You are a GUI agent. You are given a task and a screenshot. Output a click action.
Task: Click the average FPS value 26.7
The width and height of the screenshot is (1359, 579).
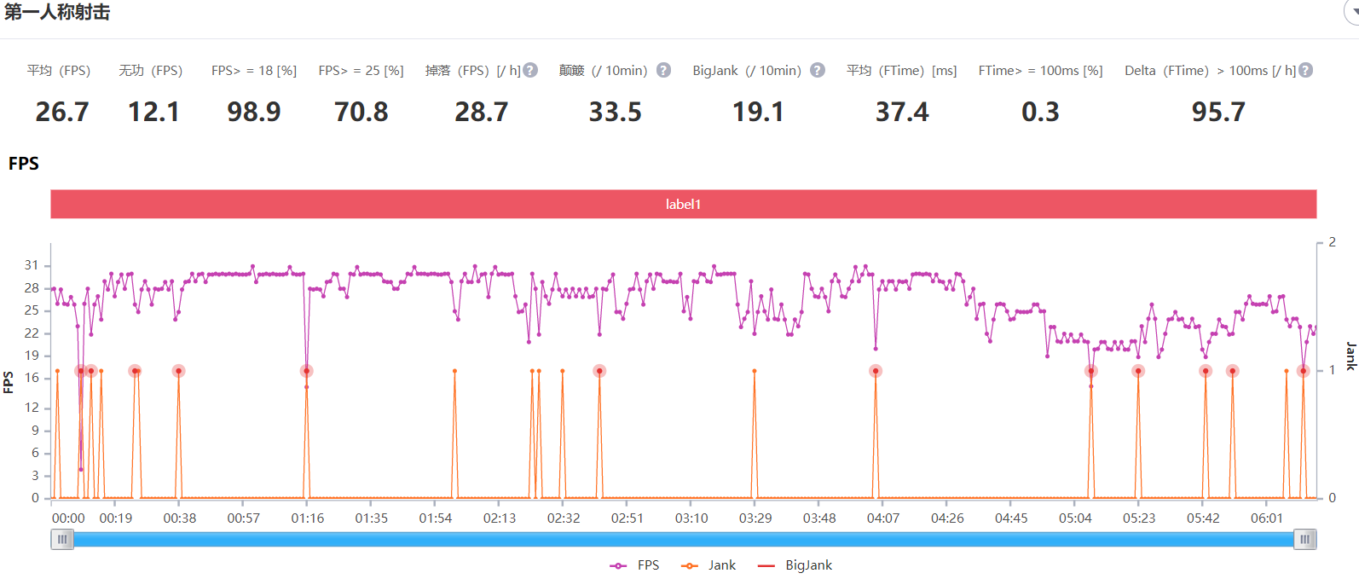point(62,112)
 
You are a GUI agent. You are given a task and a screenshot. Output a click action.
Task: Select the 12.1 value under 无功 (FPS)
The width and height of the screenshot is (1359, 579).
point(153,112)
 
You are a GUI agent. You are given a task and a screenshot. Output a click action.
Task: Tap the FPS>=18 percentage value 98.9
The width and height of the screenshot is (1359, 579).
point(254,112)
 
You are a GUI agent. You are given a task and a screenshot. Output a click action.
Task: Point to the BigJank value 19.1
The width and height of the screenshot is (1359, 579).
point(758,112)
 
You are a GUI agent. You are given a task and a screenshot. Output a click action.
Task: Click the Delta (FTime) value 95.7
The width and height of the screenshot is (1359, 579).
point(1218,112)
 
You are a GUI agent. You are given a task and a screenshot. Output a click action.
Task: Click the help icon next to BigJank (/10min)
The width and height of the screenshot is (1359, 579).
point(818,70)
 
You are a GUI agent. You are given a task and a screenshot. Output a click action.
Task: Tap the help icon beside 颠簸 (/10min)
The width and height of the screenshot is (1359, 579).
point(663,70)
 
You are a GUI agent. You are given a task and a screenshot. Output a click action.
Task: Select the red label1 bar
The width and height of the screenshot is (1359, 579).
point(683,204)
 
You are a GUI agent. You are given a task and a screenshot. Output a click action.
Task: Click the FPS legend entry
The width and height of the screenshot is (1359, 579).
point(635,565)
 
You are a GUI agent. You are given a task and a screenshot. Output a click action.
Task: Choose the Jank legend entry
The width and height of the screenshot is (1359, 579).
point(709,565)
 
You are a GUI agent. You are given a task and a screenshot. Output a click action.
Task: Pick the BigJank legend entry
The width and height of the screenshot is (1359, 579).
point(795,565)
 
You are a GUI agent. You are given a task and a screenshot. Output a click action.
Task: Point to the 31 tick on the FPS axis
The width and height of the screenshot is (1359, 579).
point(32,265)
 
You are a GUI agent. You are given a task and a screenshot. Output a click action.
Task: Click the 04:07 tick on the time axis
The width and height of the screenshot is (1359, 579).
point(883,518)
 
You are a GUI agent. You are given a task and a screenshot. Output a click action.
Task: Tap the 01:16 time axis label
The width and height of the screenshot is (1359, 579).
point(308,518)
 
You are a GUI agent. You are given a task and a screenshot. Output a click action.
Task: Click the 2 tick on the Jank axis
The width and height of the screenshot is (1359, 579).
point(1332,242)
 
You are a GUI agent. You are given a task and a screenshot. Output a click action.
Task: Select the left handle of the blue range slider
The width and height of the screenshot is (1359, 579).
point(62,539)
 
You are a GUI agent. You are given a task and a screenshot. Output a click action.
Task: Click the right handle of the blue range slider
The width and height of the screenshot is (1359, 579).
point(1305,539)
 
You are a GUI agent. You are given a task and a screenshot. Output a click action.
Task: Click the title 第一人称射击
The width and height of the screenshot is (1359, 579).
point(57,12)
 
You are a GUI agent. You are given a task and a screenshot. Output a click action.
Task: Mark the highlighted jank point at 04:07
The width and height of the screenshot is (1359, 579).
point(876,371)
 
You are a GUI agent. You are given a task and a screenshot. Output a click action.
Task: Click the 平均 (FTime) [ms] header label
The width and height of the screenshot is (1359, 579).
point(901,70)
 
